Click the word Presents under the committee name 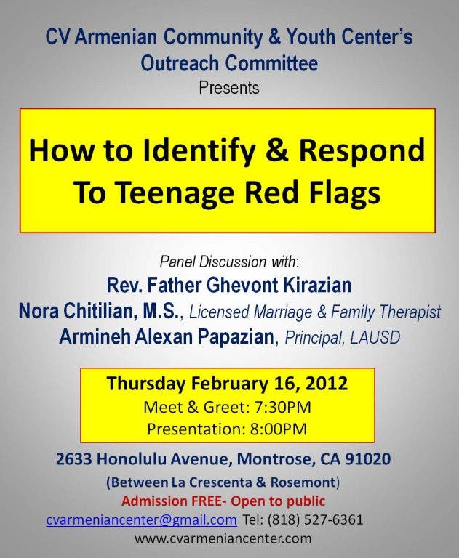(x=229, y=88)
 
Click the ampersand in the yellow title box (x=277, y=150)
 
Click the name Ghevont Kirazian (x=279, y=286)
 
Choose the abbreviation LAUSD (x=375, y=337)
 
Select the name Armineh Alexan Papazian (x=167, y=336)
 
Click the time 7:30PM (x=282, y=407)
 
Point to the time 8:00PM (x=279, y=429)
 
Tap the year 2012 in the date (x=326, y=384)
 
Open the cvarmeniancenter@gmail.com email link (x=141, y=520)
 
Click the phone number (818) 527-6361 (x=315, y=519)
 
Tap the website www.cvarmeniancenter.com (x=223, y=538)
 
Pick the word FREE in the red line (x=207, y=501)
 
